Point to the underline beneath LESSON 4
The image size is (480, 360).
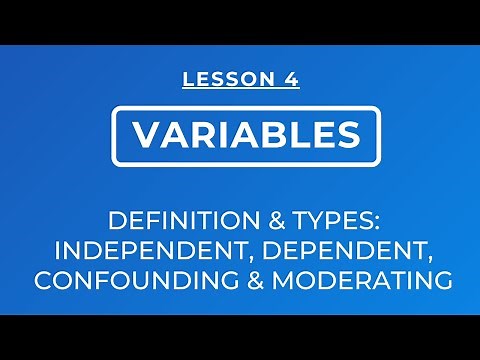(x=241, y=90)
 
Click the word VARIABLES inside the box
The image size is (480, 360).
(x=241, y=134)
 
